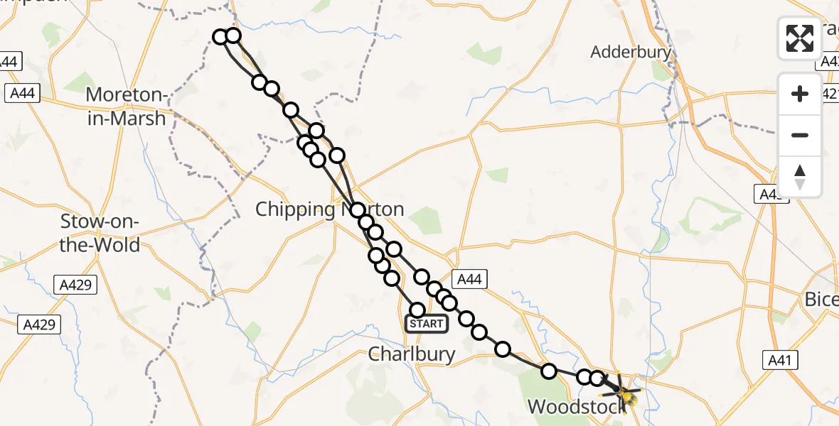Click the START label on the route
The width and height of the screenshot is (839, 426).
tap(427, 324)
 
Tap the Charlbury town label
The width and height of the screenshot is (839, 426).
tap(412, 354)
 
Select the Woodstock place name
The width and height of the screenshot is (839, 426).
tap(576, 406)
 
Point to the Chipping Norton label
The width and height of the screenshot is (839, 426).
tap(329, 209)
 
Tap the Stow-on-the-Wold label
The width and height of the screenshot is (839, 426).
tap(100, 233)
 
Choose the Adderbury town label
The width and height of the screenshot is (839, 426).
tap(631, 52)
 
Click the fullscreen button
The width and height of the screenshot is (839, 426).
tap(800, 38)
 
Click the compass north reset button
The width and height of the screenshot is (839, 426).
tap(800, 177)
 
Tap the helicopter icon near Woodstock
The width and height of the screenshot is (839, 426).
tap(623, 393)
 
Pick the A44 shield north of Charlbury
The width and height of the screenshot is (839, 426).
tap(469, 280)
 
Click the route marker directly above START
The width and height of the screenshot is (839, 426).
tap(417, 310)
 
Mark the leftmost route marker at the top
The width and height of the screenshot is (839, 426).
tap(220, 36)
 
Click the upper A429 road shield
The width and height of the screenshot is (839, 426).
tap(75, 285)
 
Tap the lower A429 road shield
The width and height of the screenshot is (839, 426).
tap(39, 324)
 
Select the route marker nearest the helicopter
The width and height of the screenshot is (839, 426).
tap(597, 378)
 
